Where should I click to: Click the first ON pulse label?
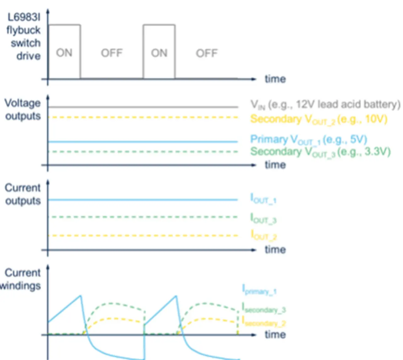[x=64, y=53]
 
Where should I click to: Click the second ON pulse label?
[x=159, y=53]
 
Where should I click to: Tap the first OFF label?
[x=111, y=53]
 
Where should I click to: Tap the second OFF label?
[x=207, y=53]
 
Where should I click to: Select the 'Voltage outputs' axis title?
[x=23, y=109]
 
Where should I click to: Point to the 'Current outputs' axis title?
[x=23, y=194]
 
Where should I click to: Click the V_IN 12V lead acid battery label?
[x=325, y=104]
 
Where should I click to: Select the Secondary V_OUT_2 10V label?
[x=318, y=119]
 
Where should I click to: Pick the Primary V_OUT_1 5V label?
[x=309, y=140]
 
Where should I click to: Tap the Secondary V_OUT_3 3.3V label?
[x=320, y=152]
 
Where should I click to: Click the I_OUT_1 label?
[x=263, y=199]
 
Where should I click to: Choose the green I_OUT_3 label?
[x=263, y=219]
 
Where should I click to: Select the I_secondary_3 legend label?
[x=264, y=308]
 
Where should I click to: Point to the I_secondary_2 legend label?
[x=264, y=322]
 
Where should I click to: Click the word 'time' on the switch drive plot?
[x=275, y=79]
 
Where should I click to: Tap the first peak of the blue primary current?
[x=81, y=296]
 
